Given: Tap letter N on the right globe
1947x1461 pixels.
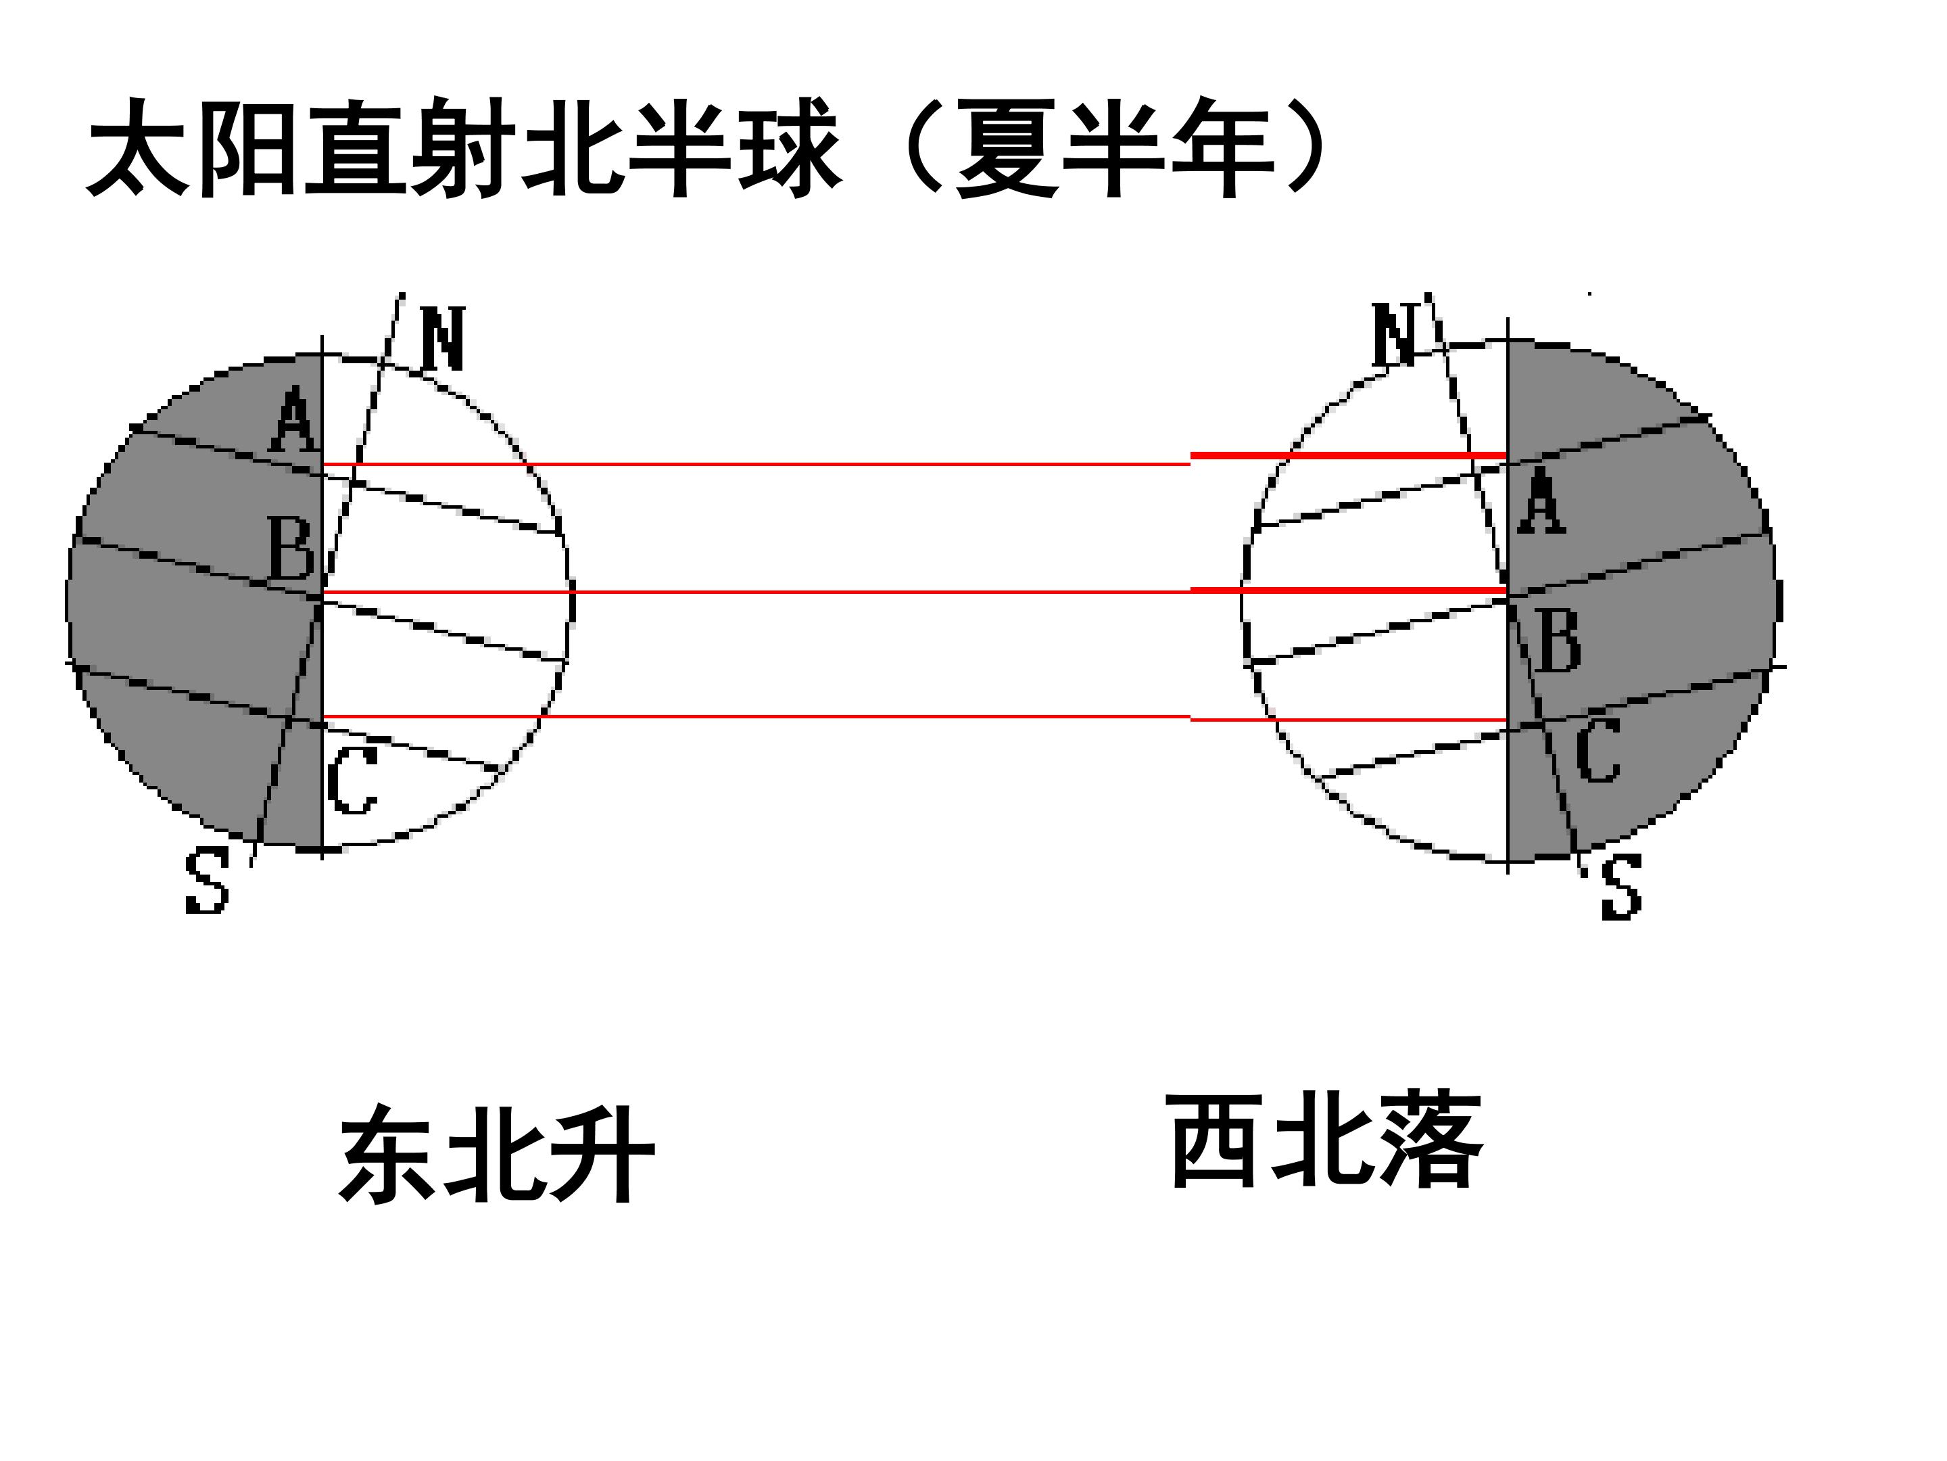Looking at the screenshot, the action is (x=1394, y=335).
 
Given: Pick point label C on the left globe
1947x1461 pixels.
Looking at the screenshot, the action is (x=352, y=781).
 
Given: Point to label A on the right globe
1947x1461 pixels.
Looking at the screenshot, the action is (x=1541, y=501).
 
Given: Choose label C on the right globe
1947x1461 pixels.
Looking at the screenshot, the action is (x=1597, y=749).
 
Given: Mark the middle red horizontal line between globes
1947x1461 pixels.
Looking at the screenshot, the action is (x=915, y=592).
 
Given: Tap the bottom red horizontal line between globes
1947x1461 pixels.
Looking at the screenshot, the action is (x=915, y=718).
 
